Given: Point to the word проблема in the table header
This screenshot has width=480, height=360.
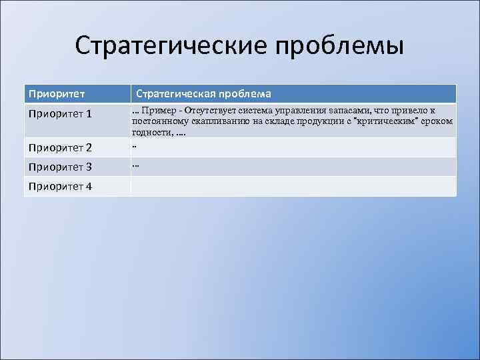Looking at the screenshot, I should click(243, 94).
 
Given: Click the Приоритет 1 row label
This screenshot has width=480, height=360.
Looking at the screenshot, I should click(60, 115).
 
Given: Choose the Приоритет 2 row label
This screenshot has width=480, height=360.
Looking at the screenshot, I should click(60, 147).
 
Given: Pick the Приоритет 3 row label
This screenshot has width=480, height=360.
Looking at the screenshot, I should click(60, 167).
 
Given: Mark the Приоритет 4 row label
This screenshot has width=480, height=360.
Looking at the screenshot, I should click(60, 186).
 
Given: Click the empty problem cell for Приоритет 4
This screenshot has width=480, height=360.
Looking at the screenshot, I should click(293, 186).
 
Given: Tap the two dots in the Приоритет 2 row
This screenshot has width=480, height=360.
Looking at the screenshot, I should click(134, 145).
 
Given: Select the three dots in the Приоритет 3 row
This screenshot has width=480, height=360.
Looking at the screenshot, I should click(135, 164).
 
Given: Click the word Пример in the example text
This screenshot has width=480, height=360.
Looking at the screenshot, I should click(156, 110).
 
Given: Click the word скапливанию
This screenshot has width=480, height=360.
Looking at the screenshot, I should click(221, 121).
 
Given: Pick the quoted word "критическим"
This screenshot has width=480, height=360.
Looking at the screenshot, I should click(390, 121).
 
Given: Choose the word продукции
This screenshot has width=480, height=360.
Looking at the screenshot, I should click(317, 121).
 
